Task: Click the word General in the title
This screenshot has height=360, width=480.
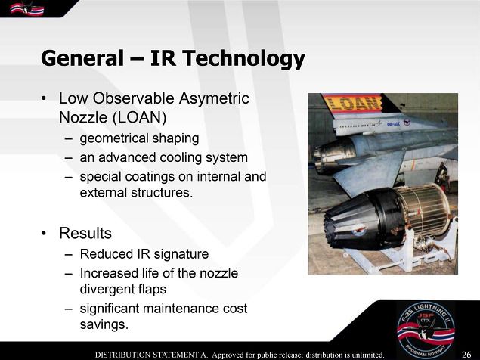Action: tap(82, 58)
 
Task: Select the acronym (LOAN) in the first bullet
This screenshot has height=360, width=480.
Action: tap(139, 117)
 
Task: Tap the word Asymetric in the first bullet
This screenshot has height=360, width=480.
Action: tap(214, 98)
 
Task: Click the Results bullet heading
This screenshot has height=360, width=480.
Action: tap(85, 233)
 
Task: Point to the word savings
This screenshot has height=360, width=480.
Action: tap(104, 324)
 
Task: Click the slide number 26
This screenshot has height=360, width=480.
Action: tap(466, 355)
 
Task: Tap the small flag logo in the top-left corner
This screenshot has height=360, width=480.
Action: tap(26, 8)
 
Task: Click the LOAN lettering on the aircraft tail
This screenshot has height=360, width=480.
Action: tap(354, 103)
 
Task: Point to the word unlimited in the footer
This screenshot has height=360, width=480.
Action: tap(368, 355)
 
